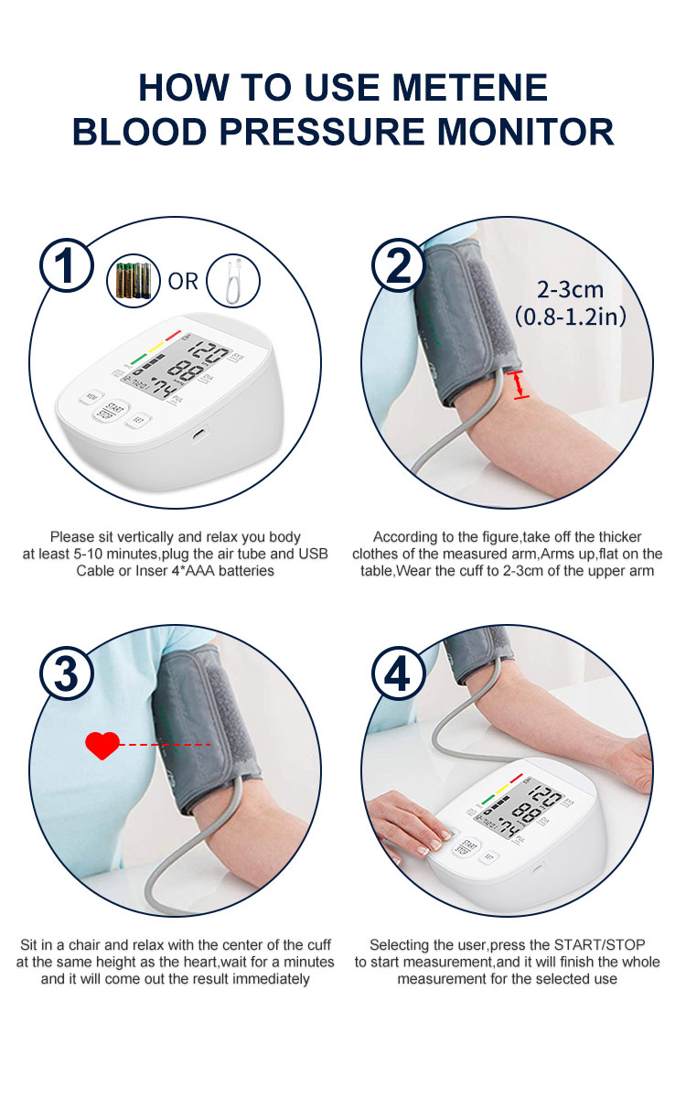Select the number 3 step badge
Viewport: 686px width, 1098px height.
pos(66,673)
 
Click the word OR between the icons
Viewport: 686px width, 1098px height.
pos(183,282)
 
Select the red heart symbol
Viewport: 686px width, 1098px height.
pos(102,745)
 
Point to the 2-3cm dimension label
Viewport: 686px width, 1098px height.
pos(570,290)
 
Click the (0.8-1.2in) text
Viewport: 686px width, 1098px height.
pos(570,317)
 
